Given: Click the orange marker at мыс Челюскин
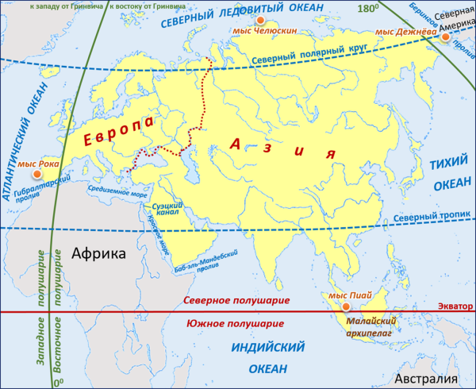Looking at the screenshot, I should (x=259, y=19).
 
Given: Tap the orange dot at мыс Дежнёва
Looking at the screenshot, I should (x=445, y=37).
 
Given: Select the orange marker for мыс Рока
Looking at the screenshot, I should (x=35, y=174).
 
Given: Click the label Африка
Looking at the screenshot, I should (x=98, y=254).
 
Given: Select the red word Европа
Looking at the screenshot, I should (x=119, y=136).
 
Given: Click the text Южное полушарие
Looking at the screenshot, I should (x=234, y=324).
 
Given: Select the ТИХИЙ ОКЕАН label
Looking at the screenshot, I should (x=450, y=174).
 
